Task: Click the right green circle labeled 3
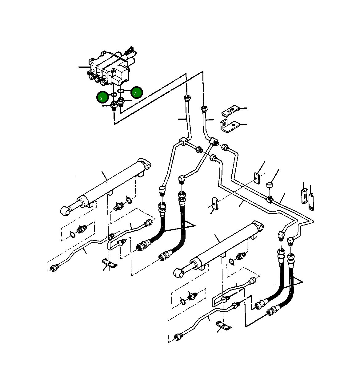coord(137,92)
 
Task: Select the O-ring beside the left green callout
coord(113,95)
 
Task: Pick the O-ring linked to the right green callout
coord(121,91)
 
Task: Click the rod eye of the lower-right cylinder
coord(178,272)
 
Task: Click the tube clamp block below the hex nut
coord(270,199)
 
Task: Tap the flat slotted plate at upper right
coord(230,111)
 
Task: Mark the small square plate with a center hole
coord(257,178)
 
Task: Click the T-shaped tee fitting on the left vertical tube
coord(183,141)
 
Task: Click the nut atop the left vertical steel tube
coord(187,99)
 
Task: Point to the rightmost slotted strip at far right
coord(311,201)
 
